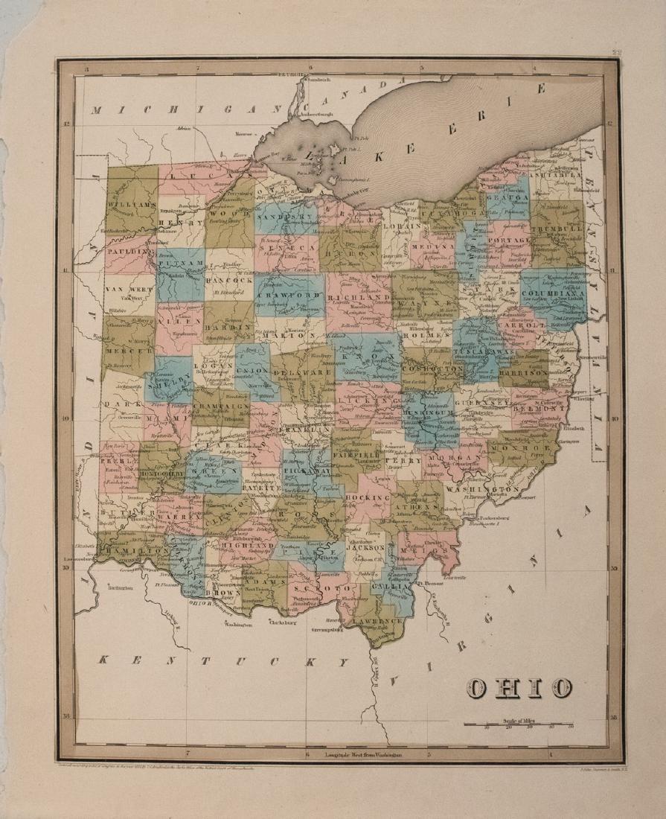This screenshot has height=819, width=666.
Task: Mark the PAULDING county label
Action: [127, 251]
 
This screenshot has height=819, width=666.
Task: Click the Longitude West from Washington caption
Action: [362, 755]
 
